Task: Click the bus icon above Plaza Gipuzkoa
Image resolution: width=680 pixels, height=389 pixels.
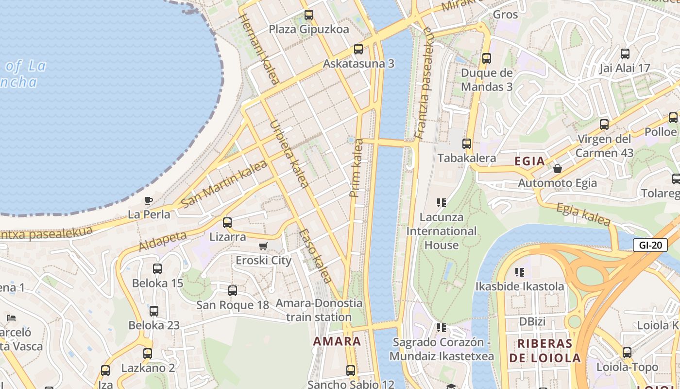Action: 309,15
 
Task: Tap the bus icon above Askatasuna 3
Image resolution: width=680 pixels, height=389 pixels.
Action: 358,49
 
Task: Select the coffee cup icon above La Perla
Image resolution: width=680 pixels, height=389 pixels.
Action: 149,200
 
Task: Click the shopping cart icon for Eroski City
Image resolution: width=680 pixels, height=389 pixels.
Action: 263,247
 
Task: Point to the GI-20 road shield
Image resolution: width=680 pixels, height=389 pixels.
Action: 650,245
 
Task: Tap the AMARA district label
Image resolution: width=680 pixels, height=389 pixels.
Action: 337,341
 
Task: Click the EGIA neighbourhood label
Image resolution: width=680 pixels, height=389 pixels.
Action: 529,161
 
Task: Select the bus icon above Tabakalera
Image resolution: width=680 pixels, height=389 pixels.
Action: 467,144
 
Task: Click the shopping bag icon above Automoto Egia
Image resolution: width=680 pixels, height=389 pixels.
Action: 558,169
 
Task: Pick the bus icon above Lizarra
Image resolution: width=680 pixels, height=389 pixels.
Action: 227,223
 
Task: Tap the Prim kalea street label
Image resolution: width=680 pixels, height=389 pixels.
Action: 356,168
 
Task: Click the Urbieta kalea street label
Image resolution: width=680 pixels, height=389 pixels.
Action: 289,154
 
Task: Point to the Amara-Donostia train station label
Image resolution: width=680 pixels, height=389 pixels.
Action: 319,310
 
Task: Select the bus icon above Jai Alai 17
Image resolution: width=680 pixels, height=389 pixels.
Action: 625,54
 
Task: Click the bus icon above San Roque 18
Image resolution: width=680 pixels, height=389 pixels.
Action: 233,291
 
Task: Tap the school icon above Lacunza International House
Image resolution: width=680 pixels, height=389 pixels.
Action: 442,202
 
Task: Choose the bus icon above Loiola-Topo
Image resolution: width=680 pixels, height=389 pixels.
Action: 627,353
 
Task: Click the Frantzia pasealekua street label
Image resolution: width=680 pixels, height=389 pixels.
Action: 423,84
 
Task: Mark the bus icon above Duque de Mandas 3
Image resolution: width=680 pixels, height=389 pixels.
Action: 487,58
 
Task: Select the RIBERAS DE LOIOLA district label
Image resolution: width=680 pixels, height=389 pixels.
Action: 549,351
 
